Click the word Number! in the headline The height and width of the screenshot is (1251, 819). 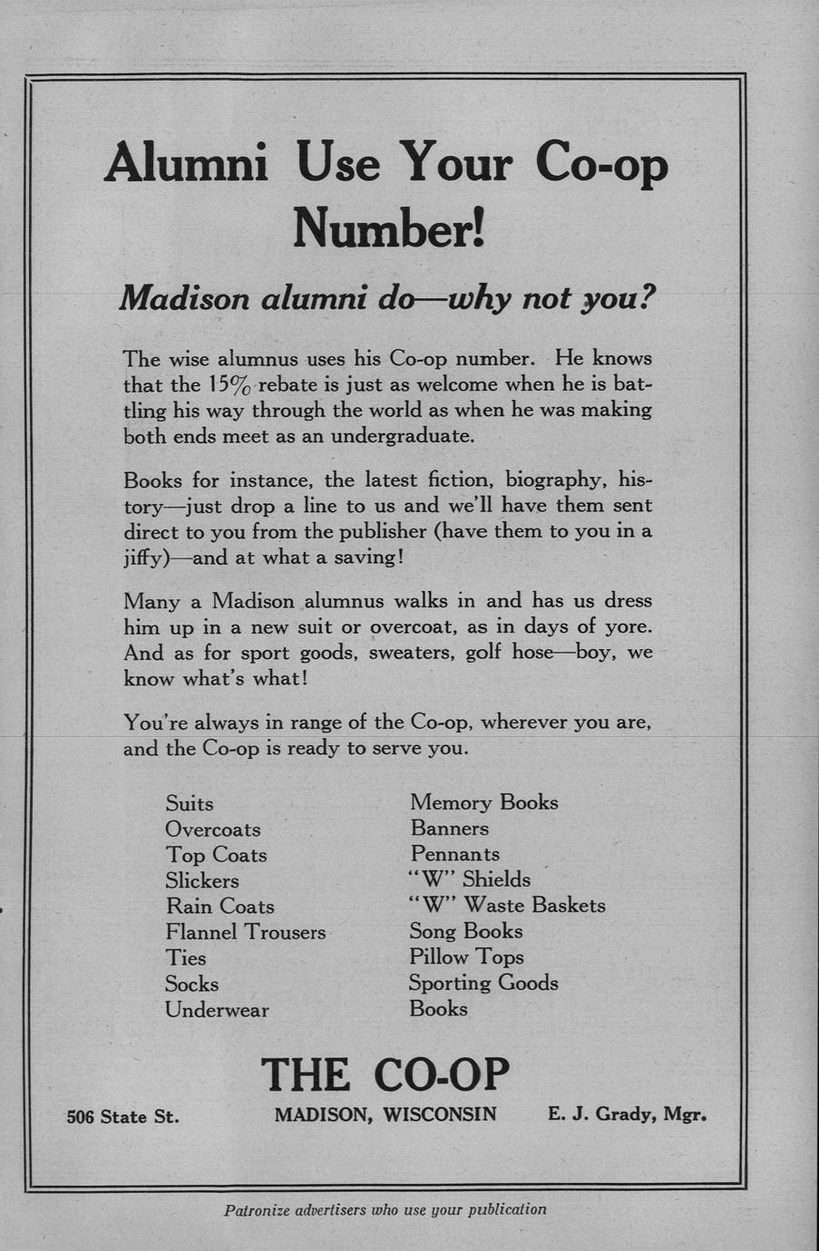(x=389, y=227)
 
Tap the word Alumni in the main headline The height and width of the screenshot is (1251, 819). (x=187, y=164)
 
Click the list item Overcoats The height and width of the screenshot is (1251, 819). (x=212, y=829)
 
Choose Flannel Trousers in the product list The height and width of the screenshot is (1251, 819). (x=245, y=932)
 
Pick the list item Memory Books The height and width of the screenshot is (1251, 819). (x=483, y=802)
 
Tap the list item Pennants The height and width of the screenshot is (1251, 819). (x=454, y=854)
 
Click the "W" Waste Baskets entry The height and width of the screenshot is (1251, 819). (x=506, y=905)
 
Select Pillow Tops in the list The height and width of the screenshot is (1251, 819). (x=466, y=956)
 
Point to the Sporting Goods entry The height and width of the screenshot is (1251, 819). (x=483, y=983)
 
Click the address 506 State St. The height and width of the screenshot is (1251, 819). (x=123, y=1117)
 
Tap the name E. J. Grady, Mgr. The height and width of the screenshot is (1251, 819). (x=627, y=1115)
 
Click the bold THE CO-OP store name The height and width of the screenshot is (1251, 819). (x=385, y=1074)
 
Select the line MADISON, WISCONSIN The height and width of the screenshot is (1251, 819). (x=385, y=1115)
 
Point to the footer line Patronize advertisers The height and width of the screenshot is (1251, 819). (x=385, y=1209)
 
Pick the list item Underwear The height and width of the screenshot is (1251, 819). (x=217, y=1010)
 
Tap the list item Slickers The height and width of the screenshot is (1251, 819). (x=202, y=881)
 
